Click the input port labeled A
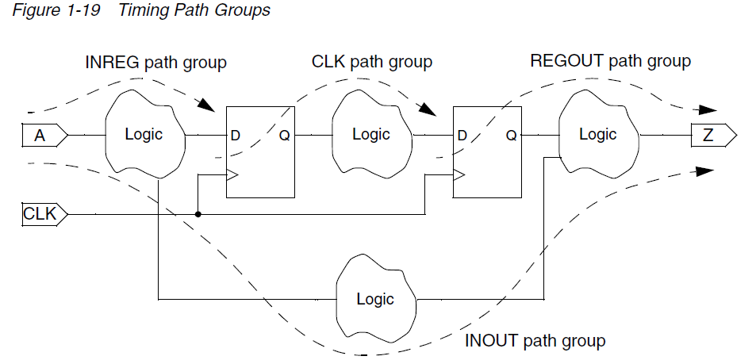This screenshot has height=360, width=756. (x=41, y=136)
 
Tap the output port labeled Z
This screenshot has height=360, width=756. (x=712, y=136)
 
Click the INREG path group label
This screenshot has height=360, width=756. (x=155, y=62)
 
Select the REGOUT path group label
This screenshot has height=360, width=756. (x=609, y=61)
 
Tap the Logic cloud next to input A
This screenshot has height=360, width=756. (x=144, y=135)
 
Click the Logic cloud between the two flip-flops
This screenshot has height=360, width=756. (x=370, y=135)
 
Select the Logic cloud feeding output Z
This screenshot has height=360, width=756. (x=597, y=135)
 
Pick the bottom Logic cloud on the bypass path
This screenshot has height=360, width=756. (x=374, y=299)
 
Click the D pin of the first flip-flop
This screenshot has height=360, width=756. (x=236, y=136)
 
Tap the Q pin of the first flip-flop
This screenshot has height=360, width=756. (x=284, y=136)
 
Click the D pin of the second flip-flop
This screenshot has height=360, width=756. (x=462, y=136)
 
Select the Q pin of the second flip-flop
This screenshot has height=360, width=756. (x=511, y=136)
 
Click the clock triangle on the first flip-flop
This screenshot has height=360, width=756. (x=232, y=175)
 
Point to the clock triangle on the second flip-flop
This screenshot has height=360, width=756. (x=459, y=175)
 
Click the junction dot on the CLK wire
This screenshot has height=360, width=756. (x=198, y=214)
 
